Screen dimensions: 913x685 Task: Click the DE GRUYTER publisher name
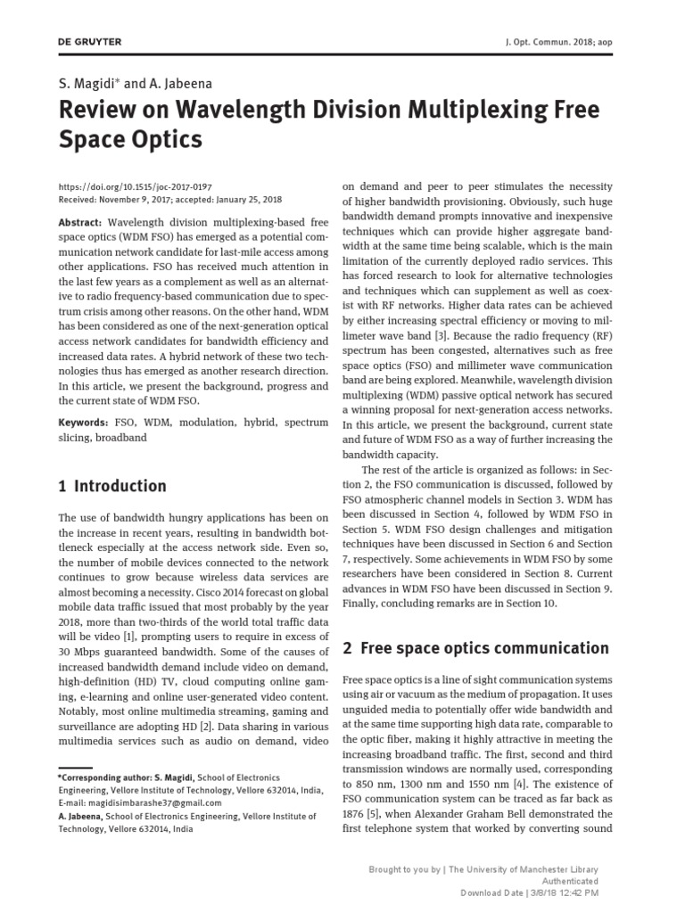click(90, 42)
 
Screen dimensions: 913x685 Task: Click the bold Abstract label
click(79, 222)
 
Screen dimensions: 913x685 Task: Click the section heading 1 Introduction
click(112, 486)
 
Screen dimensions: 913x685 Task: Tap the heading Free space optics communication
click(486, 648)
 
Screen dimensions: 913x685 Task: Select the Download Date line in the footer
click(529, 892)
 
